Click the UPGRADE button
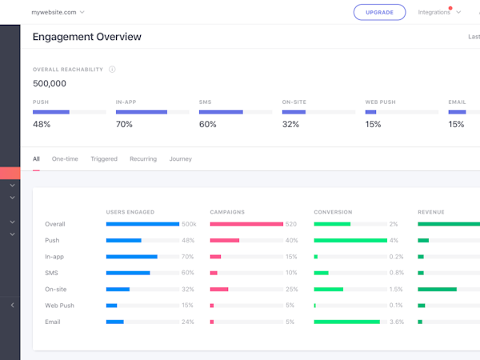380,12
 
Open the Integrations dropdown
438,12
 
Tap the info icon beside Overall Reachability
112,70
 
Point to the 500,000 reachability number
50,83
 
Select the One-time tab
65,159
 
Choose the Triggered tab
103,159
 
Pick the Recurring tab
143,159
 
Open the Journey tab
180,159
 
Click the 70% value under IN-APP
124,124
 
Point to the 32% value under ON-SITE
290,124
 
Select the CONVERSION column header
332,212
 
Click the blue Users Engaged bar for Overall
142,224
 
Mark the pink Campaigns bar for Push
225,240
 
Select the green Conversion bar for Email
346,322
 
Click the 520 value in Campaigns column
291,224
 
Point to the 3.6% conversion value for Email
396,322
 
